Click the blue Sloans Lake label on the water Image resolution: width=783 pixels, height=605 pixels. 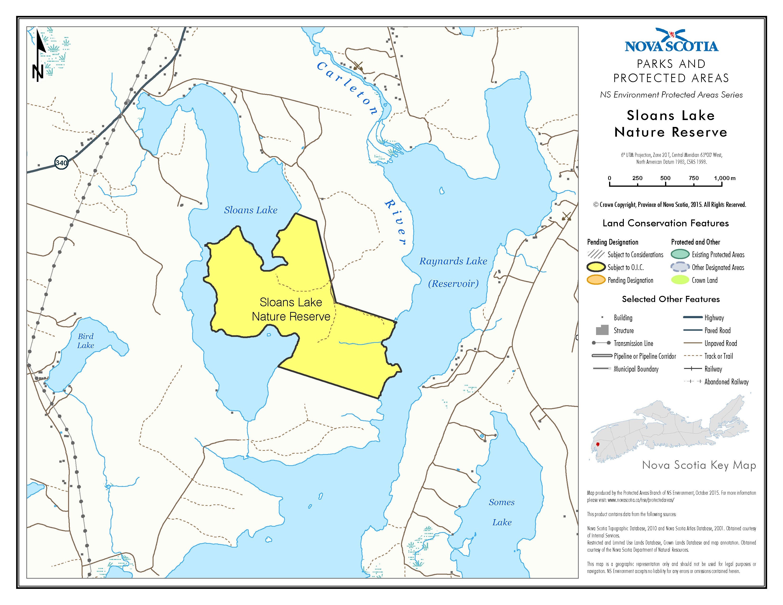(251, 210)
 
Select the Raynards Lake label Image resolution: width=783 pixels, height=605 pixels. (453, 261)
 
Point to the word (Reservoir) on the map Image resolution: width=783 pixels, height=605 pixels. (453, 284)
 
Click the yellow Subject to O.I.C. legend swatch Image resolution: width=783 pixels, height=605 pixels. (596, 267)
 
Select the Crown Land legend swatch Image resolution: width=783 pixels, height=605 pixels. (680, 280)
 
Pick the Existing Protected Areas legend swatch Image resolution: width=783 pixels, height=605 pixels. (680, 255)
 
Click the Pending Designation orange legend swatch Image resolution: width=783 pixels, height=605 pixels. (596, 280)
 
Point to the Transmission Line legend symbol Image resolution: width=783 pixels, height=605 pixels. (601, 343)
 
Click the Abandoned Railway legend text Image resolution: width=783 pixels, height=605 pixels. (726, 382)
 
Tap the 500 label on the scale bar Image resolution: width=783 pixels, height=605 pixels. (665, 178)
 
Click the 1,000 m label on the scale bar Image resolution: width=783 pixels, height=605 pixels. (724, 178)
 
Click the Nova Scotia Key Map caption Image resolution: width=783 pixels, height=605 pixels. (699, 465)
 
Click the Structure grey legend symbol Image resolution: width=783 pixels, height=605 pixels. (602, 330)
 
